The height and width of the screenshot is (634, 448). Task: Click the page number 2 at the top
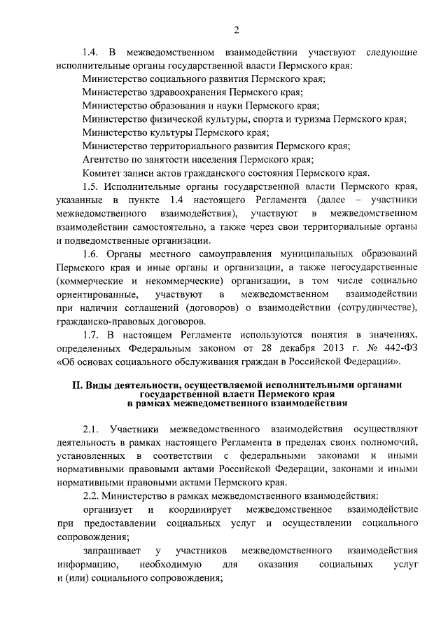click(x=237, y=29)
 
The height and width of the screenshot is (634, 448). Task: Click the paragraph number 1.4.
click(x=90, y=53)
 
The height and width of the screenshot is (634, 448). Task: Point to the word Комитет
click(x=102, y=172)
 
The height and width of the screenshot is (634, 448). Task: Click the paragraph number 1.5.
click(x=90, y=186)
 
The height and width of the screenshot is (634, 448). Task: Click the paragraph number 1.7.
click(x=90, y=336)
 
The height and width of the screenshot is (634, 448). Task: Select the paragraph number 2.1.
click(x=91, y=429)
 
